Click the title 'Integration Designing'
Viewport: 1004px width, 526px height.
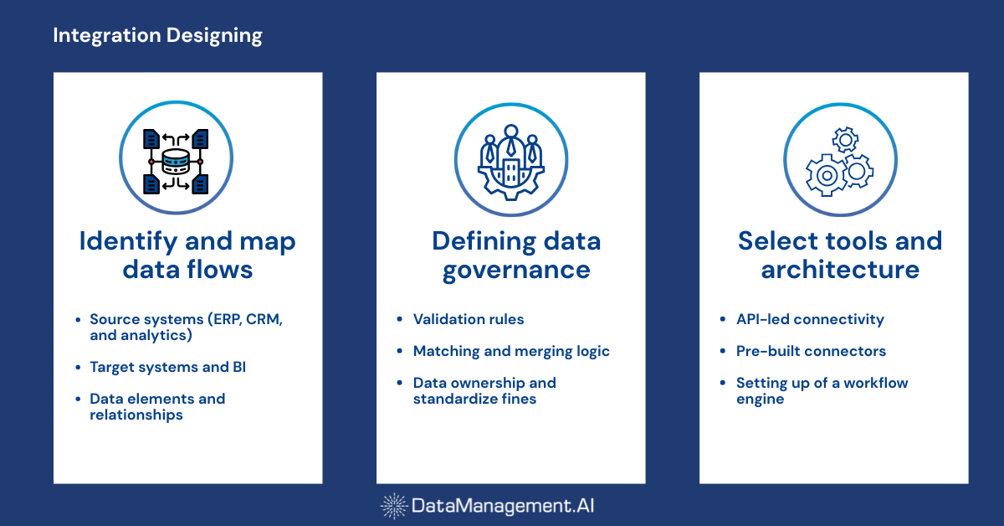tap(157, 35)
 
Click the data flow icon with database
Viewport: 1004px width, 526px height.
tap(176, 159)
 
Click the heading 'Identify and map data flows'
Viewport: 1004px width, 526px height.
tap(187, 255)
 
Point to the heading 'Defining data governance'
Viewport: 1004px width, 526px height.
tap(515, 255)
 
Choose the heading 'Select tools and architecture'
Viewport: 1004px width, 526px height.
tap(839, 255)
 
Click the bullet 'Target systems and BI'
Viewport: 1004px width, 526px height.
tap(167, 367)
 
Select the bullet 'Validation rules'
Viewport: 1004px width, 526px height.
tap(469, 319)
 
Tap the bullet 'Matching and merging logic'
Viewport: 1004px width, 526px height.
tap(511, 351)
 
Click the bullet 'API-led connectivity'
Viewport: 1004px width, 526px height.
tap(810, 319)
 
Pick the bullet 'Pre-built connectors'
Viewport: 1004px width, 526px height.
tap(811, 351)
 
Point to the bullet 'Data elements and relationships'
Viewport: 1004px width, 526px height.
tap(157, 406)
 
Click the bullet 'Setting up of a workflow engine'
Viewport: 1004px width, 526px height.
tap(822, 390)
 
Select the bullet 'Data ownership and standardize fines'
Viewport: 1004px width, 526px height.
tap(484, 390)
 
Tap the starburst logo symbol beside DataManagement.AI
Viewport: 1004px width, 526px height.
tap(394, 506)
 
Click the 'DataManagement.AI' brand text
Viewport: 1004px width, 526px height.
tap(503, 506)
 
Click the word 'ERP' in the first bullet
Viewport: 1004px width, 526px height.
tap(223, 319)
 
